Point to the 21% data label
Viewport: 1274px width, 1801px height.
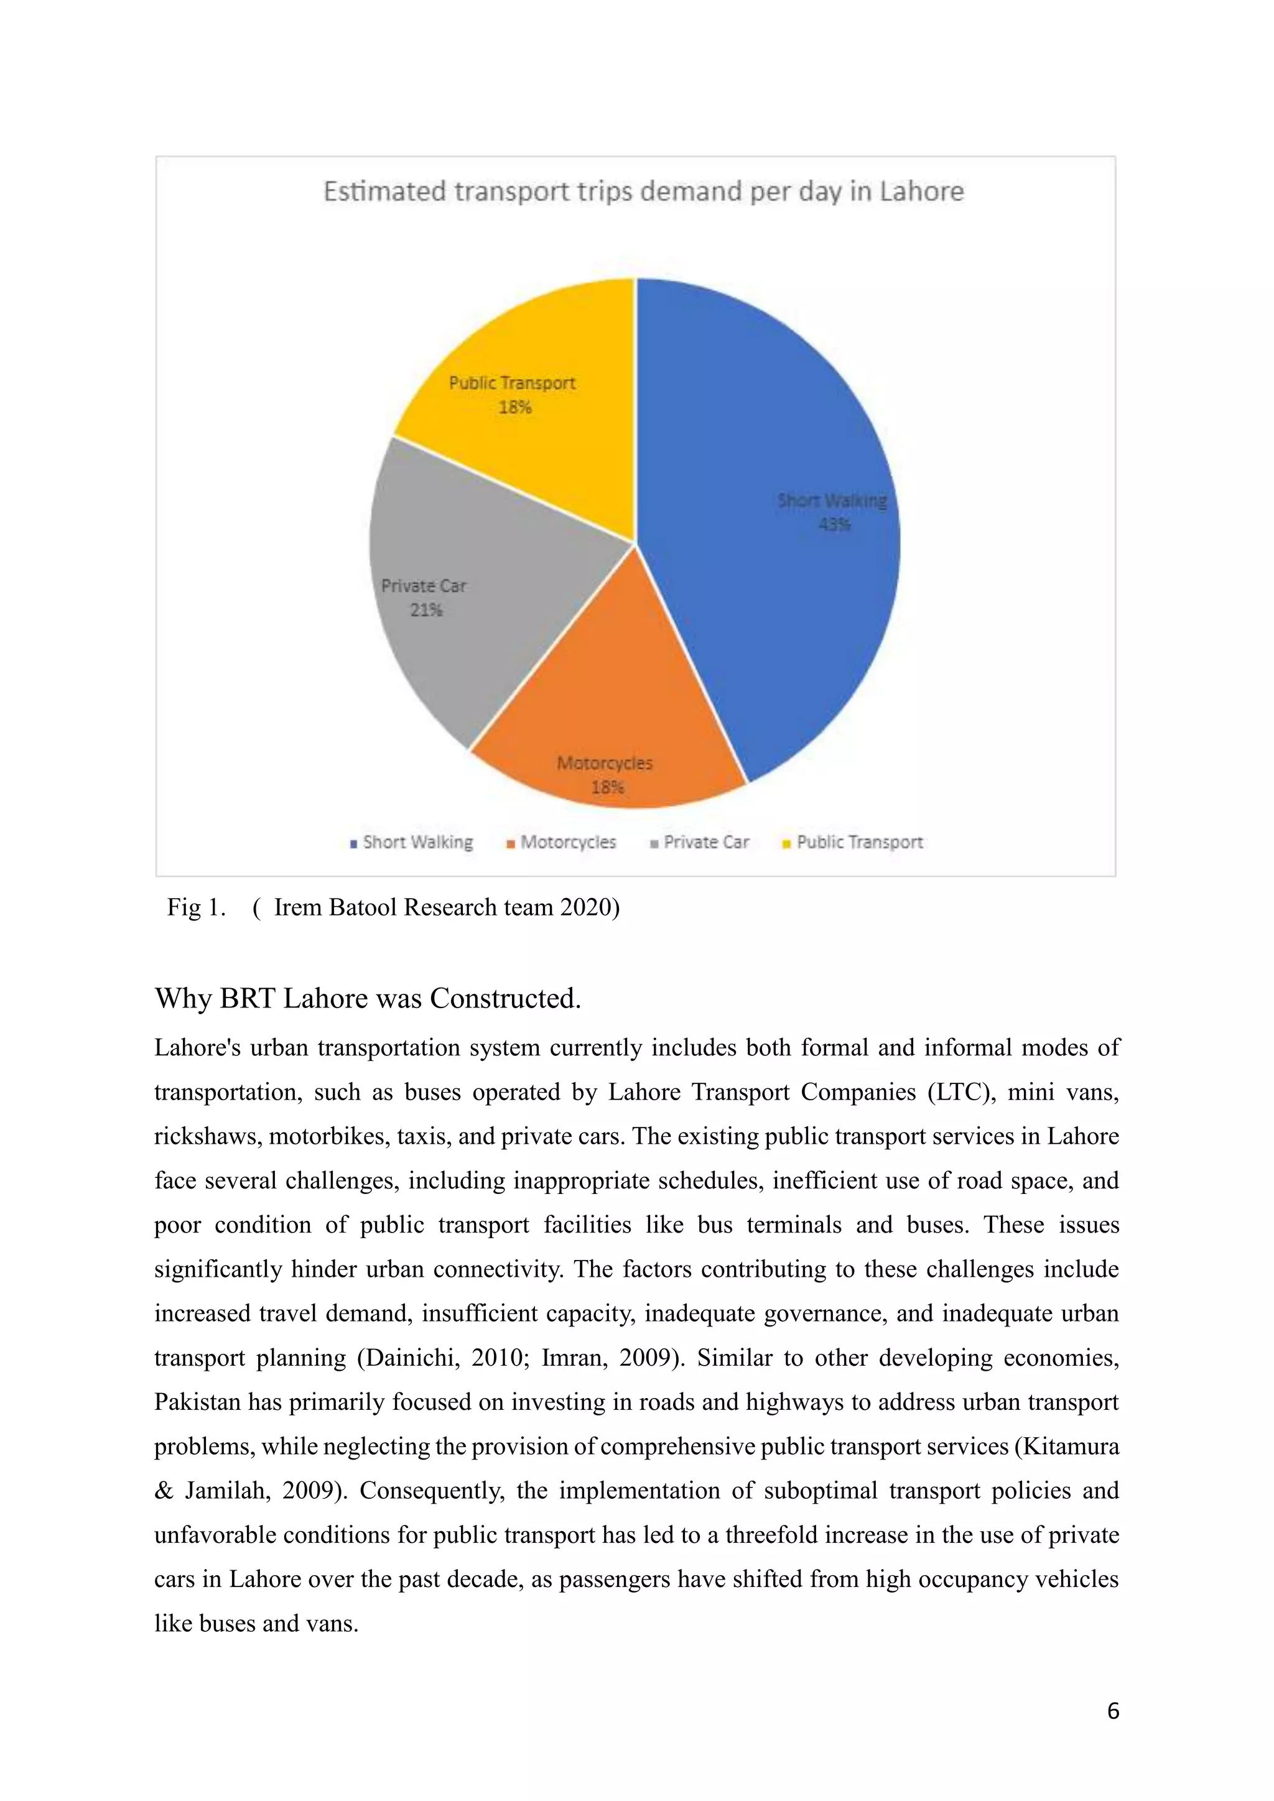point(426,610)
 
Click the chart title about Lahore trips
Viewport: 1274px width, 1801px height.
point(643,192)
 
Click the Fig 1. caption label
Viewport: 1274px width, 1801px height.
point(196,907)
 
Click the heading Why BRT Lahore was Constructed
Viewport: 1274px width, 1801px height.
point(367,999)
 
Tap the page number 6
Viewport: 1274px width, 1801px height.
point(1112,1711)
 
